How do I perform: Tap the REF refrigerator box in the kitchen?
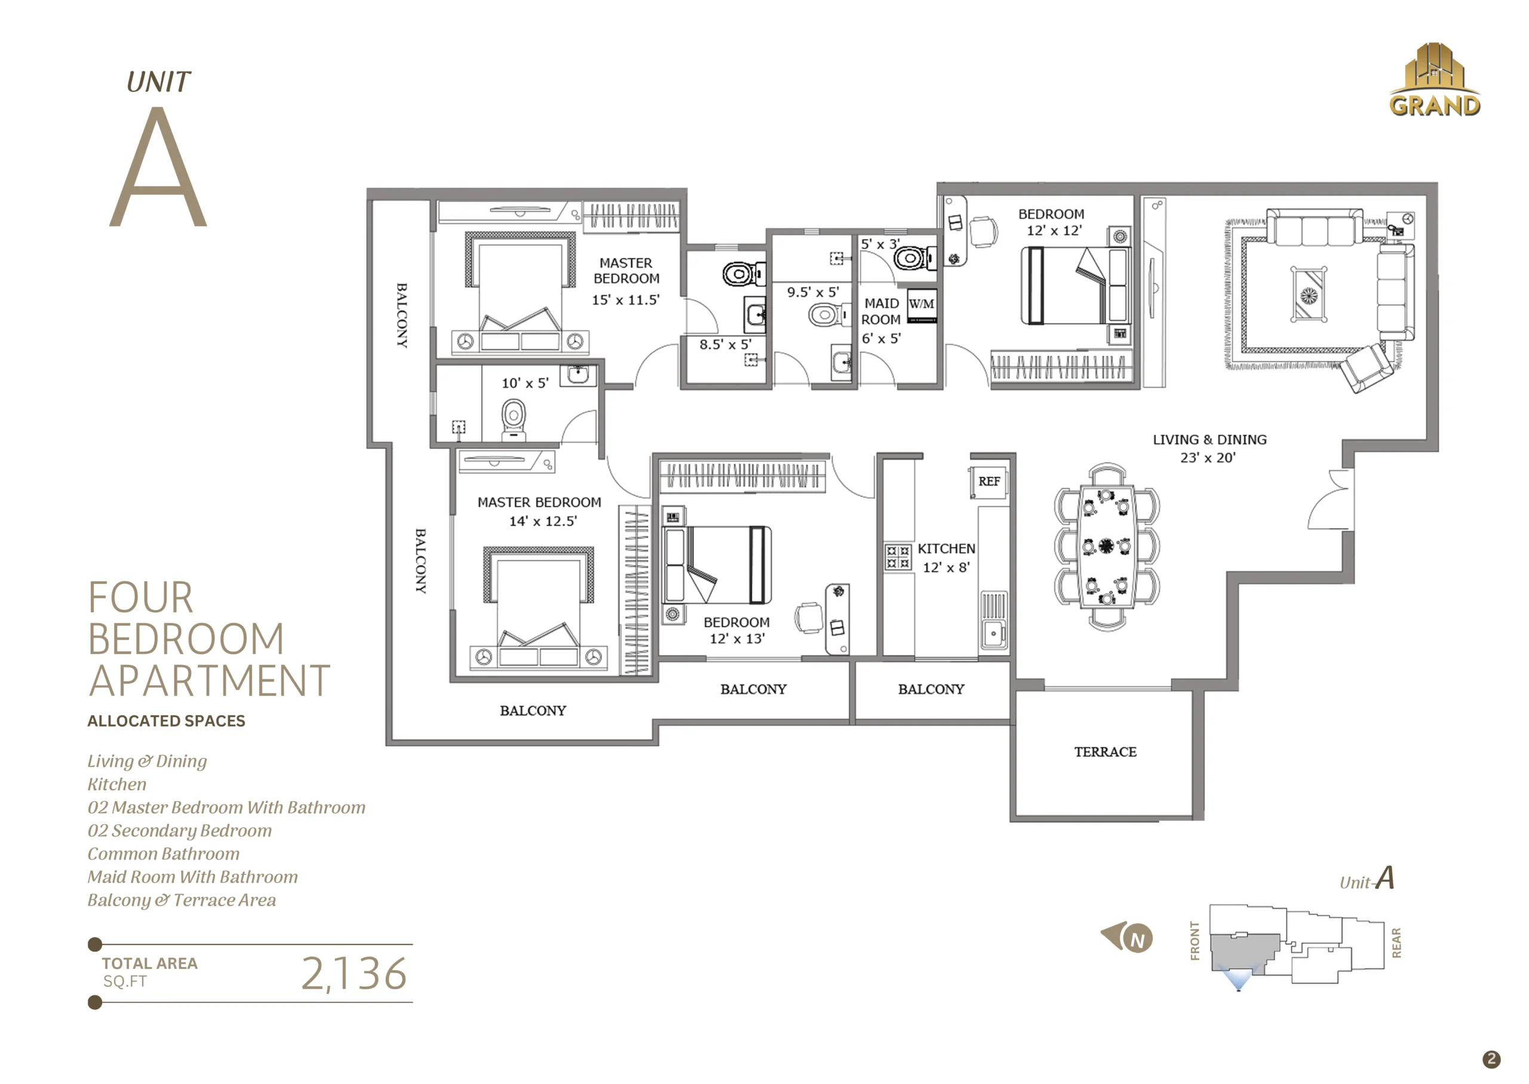pyautogui.click(x=989, y=482)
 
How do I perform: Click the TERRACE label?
pyautogui.click(x=1105, y=752)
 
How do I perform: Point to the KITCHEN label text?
pyautogui.click(x=946, y=549)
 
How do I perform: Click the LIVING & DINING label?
pyautogui.click(x=1209, y=440)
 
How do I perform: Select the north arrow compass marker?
pyautogui.click(x=1127, y=937)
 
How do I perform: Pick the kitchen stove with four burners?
pyautogui.click(x=898, y=558)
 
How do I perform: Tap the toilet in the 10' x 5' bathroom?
pyautogui.click(x=513, y=418)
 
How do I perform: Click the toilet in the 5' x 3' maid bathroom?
pyautogui.click(x=916, y=258)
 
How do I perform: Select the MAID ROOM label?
pyautogui.click(x=882, y=312)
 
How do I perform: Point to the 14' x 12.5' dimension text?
pyautogui.click(x=543, y=521)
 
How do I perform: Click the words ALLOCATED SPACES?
pyautogui.click(x=166, y=722)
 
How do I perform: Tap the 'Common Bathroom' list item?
pyautogui.click(x=164, y=854)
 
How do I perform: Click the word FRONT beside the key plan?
pyautogui.click(x=1195, y=941)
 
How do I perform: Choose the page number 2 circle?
pyautogui.click(x=1491, y=1060)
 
